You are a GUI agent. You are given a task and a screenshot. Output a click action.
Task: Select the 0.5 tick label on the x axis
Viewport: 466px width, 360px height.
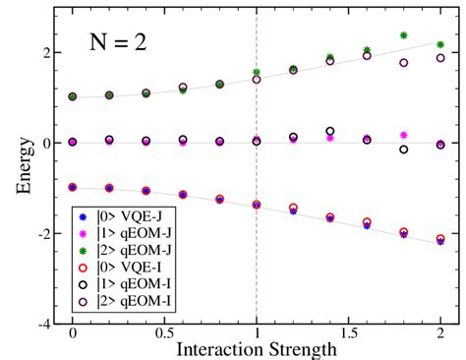click(164, 334)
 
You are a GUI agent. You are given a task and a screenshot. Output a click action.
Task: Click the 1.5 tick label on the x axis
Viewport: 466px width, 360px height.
click(348, 334)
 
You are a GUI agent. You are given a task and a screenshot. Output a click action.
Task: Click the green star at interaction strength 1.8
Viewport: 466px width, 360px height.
click(403, 35)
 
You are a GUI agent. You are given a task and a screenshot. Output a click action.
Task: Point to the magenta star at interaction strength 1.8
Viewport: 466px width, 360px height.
click(403, 135)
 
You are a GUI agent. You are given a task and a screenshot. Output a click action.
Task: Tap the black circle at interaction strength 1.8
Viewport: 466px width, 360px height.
click(403, 150)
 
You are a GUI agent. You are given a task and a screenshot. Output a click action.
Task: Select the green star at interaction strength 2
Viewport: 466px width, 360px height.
click(439, 45)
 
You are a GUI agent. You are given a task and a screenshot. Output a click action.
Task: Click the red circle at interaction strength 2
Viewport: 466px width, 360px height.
click(439, 238)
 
